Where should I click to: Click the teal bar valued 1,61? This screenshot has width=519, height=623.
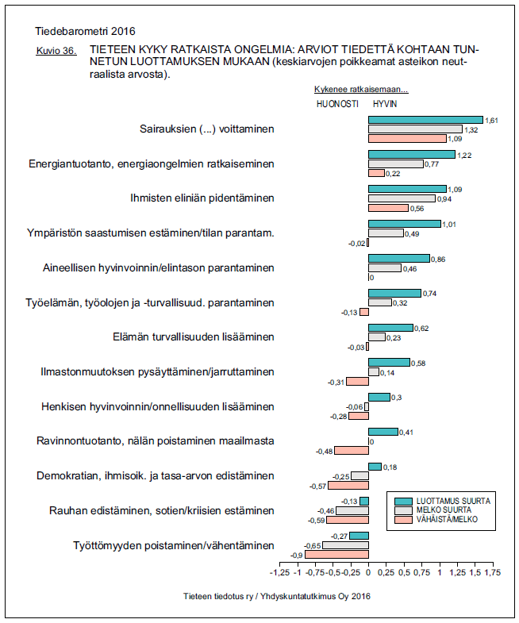(x=425, y=119)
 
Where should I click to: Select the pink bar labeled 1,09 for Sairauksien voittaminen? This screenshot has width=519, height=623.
(x=407, y=138)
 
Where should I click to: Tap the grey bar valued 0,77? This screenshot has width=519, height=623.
(x=395, y=163)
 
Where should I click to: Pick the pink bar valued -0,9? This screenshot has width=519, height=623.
(x=337, y=555)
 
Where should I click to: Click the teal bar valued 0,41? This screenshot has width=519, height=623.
(x=383, y=432)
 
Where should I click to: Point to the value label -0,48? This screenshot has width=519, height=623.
(x=325, y=451)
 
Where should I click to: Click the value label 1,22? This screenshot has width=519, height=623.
(x=465, y=155)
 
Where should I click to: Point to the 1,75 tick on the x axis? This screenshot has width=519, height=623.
(x=491, y=572)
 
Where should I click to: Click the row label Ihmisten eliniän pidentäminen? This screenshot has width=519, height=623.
(x=202, y=198)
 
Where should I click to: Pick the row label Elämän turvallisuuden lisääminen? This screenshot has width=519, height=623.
(x=194, y=336)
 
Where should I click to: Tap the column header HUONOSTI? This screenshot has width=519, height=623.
(x=337, y=103)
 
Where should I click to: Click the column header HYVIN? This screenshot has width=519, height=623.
(x=385, y=103)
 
